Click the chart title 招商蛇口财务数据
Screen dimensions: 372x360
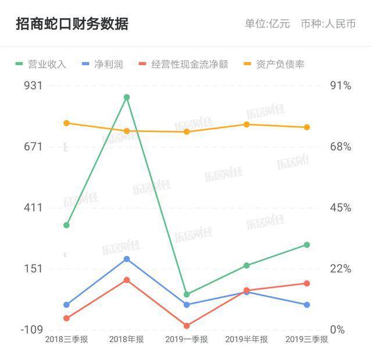click(x=72, y=24)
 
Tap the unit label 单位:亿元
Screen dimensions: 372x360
click(x=267, y=24)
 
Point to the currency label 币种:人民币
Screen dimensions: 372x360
click(x=328, y=24)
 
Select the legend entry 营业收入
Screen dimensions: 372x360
click(x=41, y=64)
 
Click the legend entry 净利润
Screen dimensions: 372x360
click(x=102, y=64)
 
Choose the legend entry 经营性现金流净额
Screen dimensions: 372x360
click(x=184, y=64)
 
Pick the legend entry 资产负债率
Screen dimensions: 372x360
click(x=274, y=64)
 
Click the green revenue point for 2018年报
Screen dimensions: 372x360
click(x=127, y=97)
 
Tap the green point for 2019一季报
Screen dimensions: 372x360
click(x=187, y=294)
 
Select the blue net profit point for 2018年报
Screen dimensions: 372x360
click(x=127, y=259)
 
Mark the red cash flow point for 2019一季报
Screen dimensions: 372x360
click(x=187, y=326)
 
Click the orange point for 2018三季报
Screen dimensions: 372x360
click(x=67, y=123)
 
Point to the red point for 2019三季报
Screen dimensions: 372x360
click(x=307, y=283)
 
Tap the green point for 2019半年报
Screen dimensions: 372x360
click(x=246, y=266)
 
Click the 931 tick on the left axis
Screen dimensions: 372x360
click(x=33, y=85)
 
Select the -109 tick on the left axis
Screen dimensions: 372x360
click(x=31, y=329)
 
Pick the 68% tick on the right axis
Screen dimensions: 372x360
click(x=341, y=147)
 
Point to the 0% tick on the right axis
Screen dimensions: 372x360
click(x=338, y=329)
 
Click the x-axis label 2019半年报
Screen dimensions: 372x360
click(x=246, y=340)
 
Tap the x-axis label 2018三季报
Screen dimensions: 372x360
click(x=67, y=340)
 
